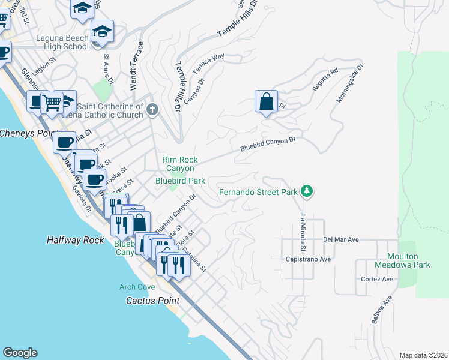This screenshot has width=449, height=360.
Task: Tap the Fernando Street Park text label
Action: coord(258,193)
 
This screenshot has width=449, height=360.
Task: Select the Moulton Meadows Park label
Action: coord(403,260)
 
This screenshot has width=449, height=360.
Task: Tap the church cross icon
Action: coord(152,109)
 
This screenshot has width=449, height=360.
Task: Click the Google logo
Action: coord(20,353)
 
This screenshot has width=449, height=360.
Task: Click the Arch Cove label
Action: coord(136,287)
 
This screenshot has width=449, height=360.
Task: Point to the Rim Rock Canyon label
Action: coord(180,164)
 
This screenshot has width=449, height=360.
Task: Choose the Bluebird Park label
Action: coord(180,180)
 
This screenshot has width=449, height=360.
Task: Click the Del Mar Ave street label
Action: coord(340,239)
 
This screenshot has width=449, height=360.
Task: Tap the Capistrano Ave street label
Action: coord(309,259)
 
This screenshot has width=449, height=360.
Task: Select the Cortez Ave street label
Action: coord(377,279)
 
